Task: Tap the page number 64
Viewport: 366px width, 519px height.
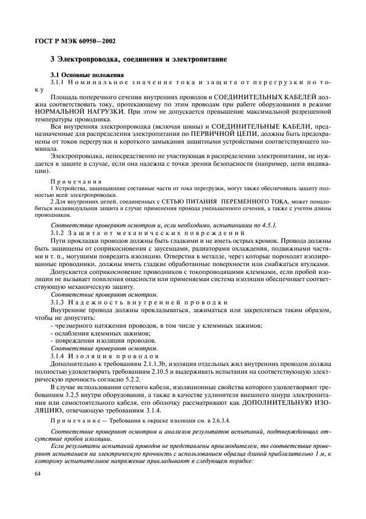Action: coord(38,474)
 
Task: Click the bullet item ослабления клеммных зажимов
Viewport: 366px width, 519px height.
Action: coord(100,333)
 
